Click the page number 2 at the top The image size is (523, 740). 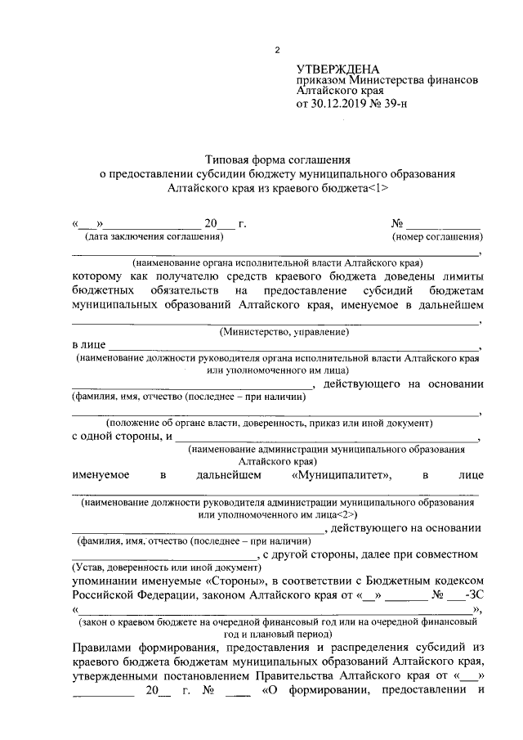[277, 50]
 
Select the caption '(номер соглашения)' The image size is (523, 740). [436, 237]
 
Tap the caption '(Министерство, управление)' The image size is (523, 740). [284, 332]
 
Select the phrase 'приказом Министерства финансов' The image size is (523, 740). [387, 81]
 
